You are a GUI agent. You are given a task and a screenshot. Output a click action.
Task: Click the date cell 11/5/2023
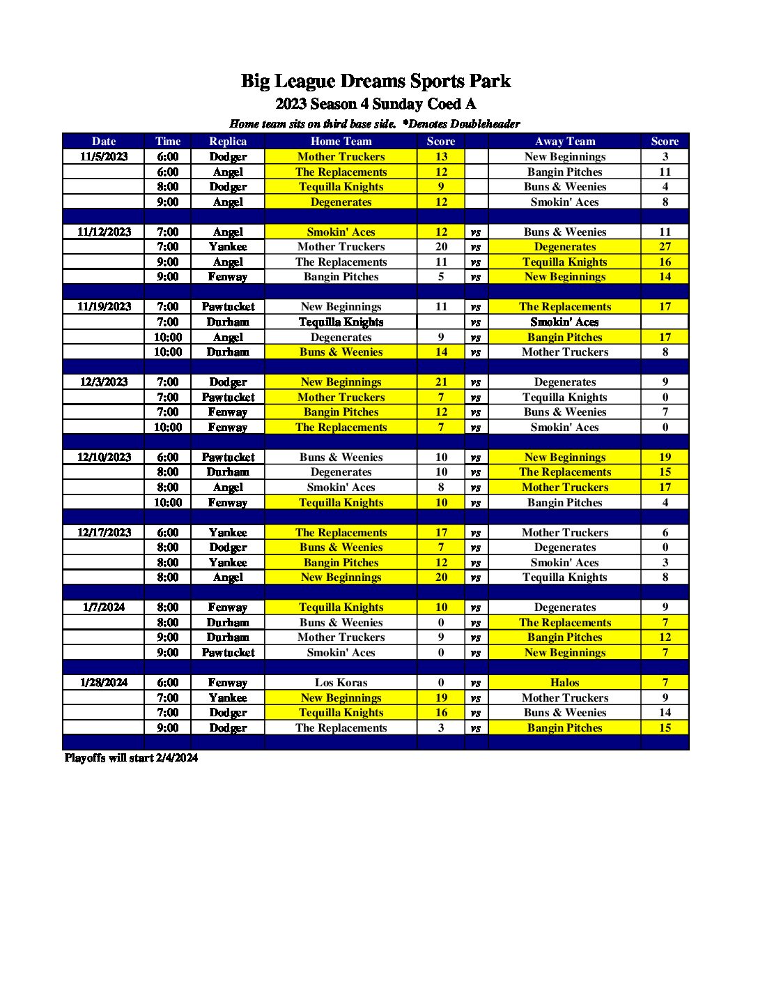[104, 157]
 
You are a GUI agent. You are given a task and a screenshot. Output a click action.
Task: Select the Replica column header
[228, 141]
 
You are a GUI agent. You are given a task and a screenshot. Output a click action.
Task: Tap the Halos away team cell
[564, 683]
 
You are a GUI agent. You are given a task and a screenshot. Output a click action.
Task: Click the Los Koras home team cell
[341, 683]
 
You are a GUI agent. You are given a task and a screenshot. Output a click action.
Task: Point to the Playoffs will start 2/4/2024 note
[131, 758]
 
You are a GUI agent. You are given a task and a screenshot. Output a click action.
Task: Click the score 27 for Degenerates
[665, 247]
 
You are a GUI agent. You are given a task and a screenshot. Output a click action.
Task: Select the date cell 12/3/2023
[104, 382]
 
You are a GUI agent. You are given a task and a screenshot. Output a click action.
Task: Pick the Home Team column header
[341, 141]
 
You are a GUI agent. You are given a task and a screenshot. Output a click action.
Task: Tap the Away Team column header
[564, 141]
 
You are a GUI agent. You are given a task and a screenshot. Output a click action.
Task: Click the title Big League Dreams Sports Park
[376, 82]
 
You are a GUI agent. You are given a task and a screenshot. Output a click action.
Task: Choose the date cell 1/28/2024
[104, 683]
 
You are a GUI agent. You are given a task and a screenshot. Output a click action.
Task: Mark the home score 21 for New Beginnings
[441, 382]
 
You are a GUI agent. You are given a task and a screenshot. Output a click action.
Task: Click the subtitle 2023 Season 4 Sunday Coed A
[376, 104]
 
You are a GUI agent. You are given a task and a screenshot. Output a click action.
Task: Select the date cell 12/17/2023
[104, 533]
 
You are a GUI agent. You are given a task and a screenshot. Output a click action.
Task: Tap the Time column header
[168, 141]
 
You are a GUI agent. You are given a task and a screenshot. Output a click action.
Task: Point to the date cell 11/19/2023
[104, 307]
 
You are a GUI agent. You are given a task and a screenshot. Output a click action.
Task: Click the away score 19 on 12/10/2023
[665, 458]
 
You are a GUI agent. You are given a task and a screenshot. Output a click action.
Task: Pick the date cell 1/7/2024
[104, 607]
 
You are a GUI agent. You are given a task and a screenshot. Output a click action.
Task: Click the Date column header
[104, 141]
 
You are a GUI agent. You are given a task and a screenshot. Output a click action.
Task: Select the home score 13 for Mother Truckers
[441, 157]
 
